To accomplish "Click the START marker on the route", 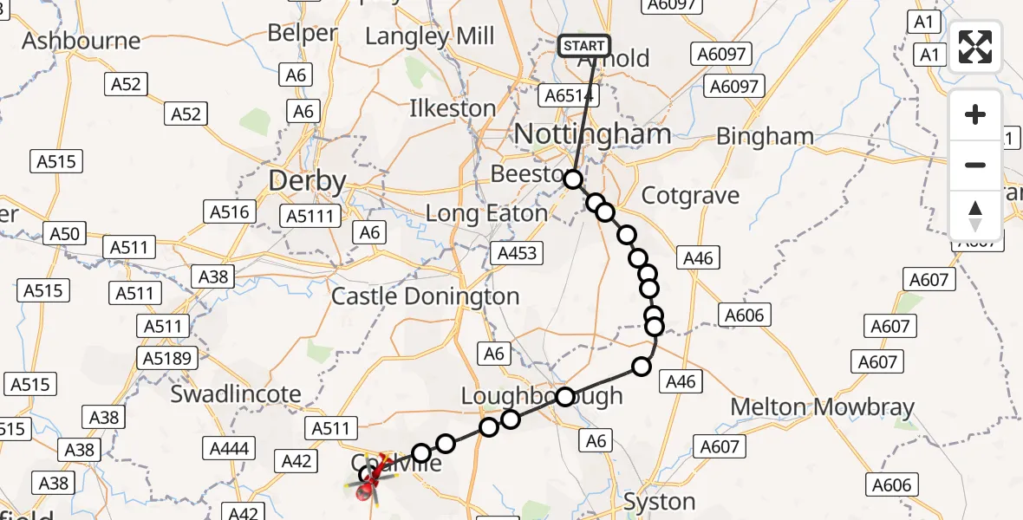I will point(583,45).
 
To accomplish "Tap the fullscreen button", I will point(975,47).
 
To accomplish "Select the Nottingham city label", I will point(593,134).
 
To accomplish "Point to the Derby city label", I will point(307,181).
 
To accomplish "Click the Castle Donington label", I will point(426,296).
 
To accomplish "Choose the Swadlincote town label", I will point(236,394).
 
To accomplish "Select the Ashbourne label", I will point(81,41).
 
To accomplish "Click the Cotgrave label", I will point(690,195).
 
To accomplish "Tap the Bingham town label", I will point(766,137).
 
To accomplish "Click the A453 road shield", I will point(517,253).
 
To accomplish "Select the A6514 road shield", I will point(569,95).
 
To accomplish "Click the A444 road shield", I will point(229,448).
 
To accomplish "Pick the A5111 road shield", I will point(312,216).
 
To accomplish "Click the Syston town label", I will point(661,502).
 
